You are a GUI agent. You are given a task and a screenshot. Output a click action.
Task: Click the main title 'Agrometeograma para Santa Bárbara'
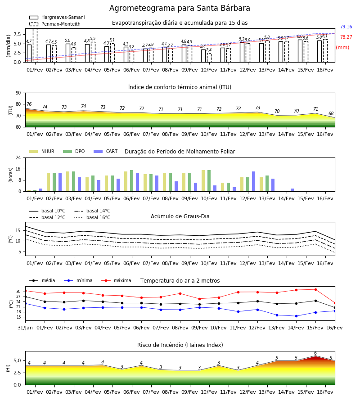point(180,8)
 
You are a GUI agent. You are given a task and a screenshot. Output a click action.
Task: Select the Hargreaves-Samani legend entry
point(57,17)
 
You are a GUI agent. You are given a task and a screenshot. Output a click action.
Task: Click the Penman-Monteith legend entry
point(55,24)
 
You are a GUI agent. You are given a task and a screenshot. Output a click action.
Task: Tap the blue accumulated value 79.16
point(346,27)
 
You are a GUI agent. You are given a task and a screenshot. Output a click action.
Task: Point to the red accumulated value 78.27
point(346,37)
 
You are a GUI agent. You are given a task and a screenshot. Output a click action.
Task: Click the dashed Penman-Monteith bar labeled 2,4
point(209,58)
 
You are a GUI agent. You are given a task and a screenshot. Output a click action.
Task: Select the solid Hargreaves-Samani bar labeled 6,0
point(300,51)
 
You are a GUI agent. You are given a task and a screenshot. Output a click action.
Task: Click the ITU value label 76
point(29,104)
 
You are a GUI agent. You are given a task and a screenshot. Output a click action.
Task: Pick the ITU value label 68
point(331,113)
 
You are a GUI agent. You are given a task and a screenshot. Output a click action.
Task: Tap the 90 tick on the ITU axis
point(18,93)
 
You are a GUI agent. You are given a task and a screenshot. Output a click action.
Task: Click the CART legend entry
point(106,151)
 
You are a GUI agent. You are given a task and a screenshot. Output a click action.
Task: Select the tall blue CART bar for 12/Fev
point(254,181)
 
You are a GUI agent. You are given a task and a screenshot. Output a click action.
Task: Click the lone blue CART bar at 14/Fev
point(292,190)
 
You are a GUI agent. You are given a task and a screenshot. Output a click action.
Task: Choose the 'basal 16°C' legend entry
point(92,217)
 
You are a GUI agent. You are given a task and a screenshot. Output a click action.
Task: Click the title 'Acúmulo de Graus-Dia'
point(180,216)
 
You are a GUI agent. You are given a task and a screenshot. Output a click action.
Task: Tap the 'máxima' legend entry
point(116,280)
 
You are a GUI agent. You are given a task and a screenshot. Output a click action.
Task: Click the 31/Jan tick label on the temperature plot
point(25,328)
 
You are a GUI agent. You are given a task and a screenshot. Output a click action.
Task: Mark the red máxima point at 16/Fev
point(335,303)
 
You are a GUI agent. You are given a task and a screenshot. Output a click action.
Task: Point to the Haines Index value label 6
point(315,353)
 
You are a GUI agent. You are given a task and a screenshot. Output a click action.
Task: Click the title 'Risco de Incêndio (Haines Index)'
point(180,345)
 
